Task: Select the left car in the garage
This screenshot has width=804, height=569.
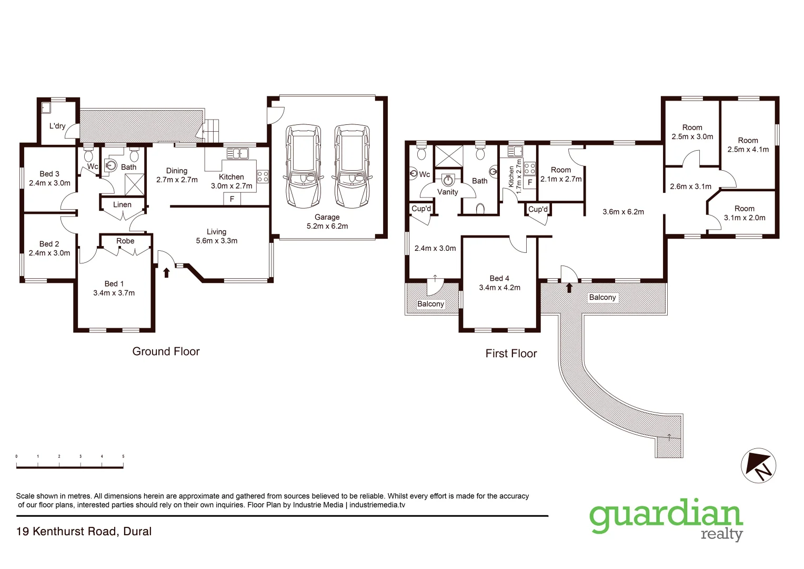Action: pos(303,166)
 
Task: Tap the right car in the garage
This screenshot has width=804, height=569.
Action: pos(352,166)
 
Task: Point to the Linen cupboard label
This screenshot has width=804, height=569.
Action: pos(122,204)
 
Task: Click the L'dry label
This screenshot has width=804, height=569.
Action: pos(57,126)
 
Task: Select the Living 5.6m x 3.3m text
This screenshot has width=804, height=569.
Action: pos(216,236)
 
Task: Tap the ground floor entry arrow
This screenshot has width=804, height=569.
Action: pos(166,272)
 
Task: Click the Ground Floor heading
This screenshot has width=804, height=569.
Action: pos(166,351)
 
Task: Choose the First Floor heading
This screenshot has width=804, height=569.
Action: pos(511,354)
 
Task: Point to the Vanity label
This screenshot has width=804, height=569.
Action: pos(448,192)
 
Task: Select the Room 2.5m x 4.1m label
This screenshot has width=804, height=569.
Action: pos(748,145)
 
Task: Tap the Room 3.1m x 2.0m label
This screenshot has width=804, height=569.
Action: pos(745,213)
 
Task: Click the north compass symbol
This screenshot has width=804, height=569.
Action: pos(759,466)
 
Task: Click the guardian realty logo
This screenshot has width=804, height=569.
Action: pos(666,519)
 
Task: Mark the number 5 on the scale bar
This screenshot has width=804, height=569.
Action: pos(123,456)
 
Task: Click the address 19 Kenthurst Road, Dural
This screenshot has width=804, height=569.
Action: pos(84,531)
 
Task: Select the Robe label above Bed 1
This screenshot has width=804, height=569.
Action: pos(125,241)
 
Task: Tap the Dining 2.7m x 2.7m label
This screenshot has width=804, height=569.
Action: pos(177,175)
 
